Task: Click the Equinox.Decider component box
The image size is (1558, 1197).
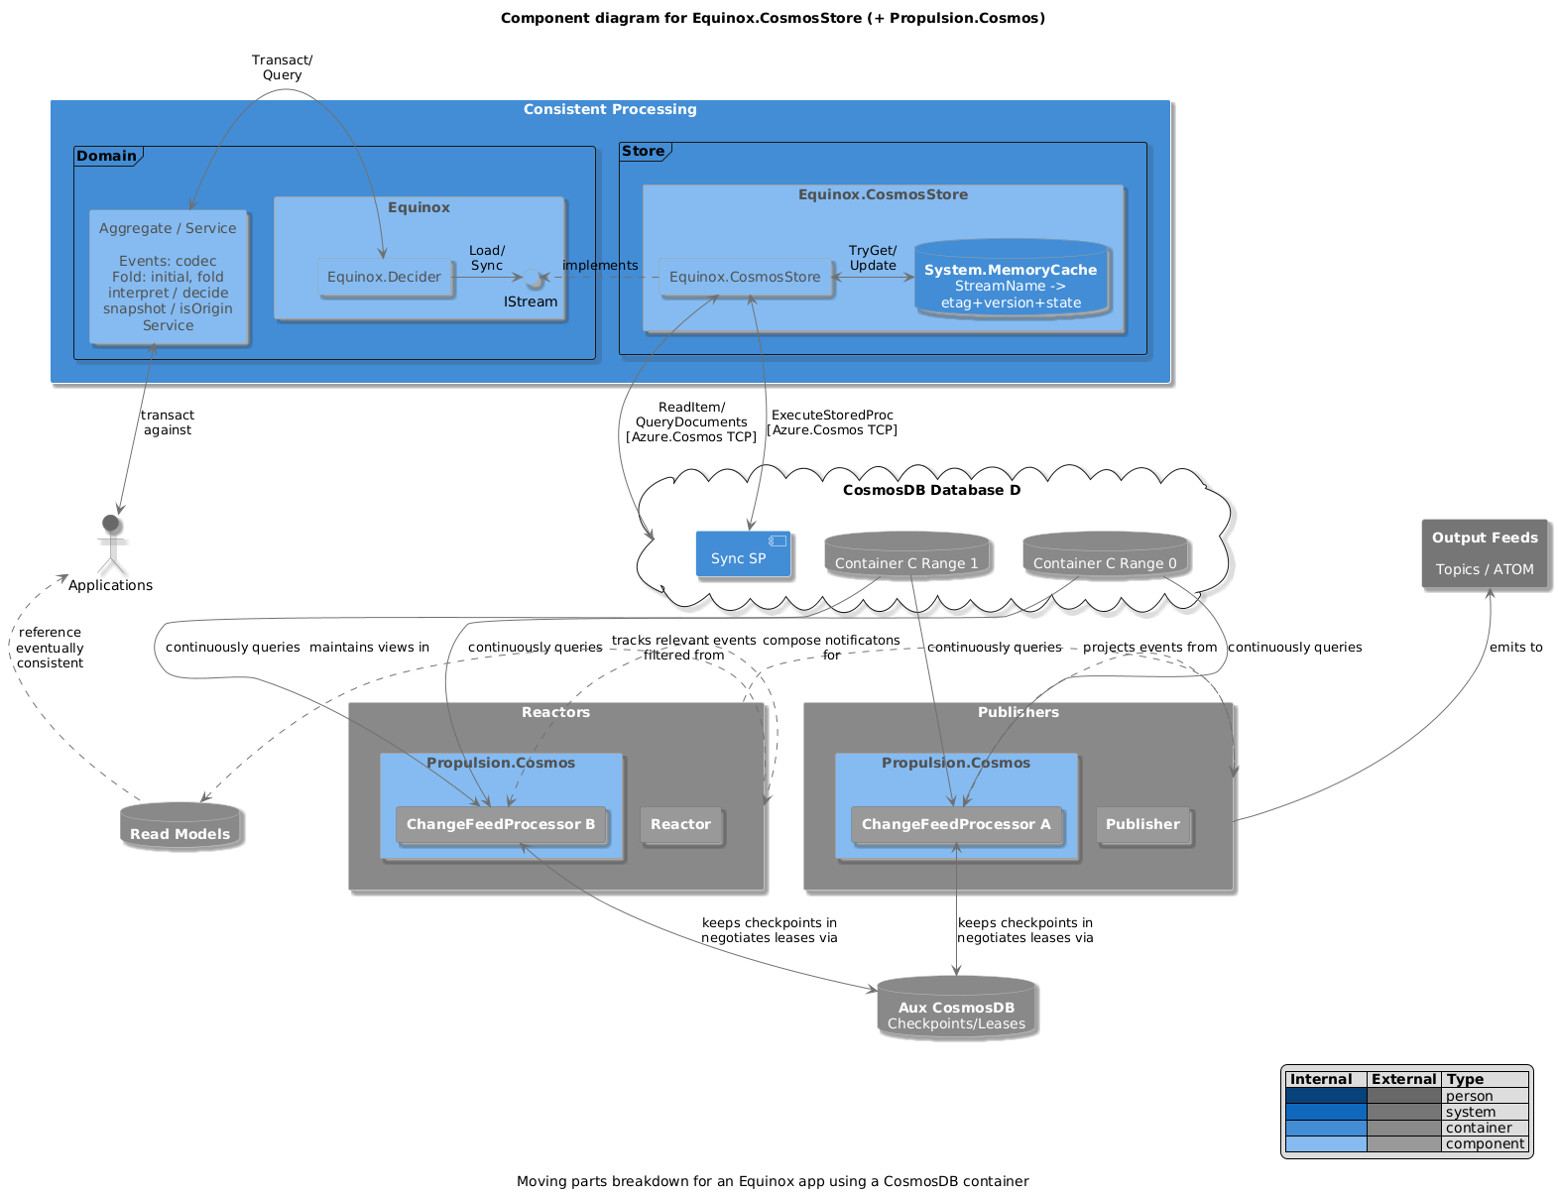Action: (384, 278)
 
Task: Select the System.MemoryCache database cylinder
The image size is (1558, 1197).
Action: (1010, 280)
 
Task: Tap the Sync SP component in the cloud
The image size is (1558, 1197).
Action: (743, 554)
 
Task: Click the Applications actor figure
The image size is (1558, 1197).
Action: (111, 544)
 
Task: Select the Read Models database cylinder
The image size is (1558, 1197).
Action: (180, 827)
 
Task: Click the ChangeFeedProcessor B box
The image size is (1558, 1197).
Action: (501, 825)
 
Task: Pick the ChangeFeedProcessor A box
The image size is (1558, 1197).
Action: (956, 825)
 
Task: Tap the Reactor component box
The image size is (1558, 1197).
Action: (680, 825)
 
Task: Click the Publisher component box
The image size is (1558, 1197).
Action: (1142, 825)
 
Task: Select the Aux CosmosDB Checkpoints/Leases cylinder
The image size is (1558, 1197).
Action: (956, 1010)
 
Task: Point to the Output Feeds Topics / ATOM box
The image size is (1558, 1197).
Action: (1484, 553)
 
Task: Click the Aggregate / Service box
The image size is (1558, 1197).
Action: (168, 277)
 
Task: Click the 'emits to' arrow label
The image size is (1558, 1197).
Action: (1515, 648)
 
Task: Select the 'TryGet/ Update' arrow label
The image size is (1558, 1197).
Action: (873, 258)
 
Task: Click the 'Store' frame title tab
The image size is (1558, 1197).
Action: (644, 152)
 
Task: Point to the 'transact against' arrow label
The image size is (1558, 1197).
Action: (168, 422)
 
